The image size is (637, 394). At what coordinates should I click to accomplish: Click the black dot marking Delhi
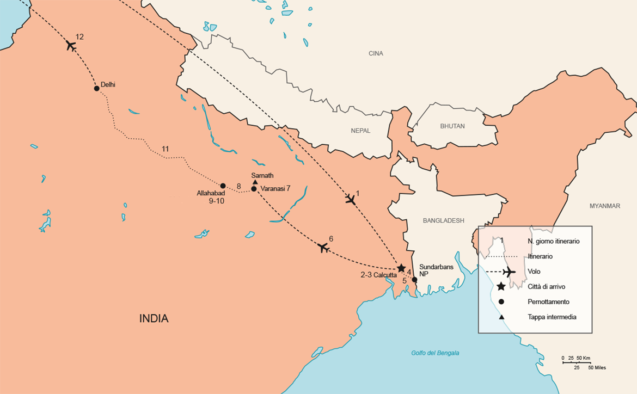click(96, 88)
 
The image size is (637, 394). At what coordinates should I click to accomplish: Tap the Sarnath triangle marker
click(255, 182)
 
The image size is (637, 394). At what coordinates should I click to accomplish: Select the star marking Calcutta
click(401, 268)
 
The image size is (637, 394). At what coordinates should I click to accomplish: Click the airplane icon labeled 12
click(71, 45)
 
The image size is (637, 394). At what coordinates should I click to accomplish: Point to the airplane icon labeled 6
click(323, 248)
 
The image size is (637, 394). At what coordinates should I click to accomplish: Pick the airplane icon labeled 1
click(351, 200)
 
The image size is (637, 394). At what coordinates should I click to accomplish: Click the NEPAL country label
click(360, 131)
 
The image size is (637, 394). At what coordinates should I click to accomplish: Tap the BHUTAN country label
click(452, 126)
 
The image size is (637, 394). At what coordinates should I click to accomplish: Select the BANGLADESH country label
click(443, 220)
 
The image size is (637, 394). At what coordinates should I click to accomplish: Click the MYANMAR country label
click(604, 206)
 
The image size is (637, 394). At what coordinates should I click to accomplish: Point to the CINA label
click(376, 53)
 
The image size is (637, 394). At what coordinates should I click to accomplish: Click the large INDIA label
click(154, 319)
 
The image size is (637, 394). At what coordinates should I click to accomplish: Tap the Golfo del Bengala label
click(435, 353)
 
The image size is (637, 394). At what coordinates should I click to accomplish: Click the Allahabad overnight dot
click(223, 186)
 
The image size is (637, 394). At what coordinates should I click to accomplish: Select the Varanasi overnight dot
click(254, 189)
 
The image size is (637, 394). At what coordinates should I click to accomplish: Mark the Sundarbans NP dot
click(414, 280)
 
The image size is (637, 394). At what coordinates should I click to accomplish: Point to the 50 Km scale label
click(584, 358)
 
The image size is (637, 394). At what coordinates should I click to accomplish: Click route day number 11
click(166, 149)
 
